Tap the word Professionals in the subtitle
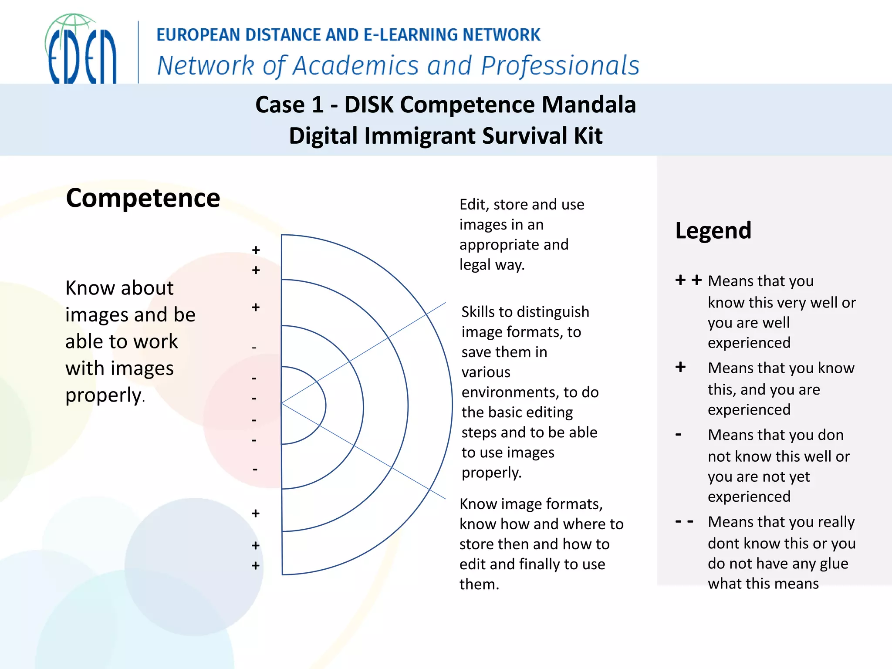pos(560,66)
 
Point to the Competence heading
pos(143,198)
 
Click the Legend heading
pos(713,230)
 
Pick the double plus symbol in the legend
pos(688,280)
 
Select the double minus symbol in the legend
pos(684,521)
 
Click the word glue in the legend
pos(834,564)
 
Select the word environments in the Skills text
pos(510,392)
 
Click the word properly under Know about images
pos(103,395)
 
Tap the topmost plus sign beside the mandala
pos(256,250)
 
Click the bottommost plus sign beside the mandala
pos(256,566)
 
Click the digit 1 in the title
pos(318,105)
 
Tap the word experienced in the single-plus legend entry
pos(749,410)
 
